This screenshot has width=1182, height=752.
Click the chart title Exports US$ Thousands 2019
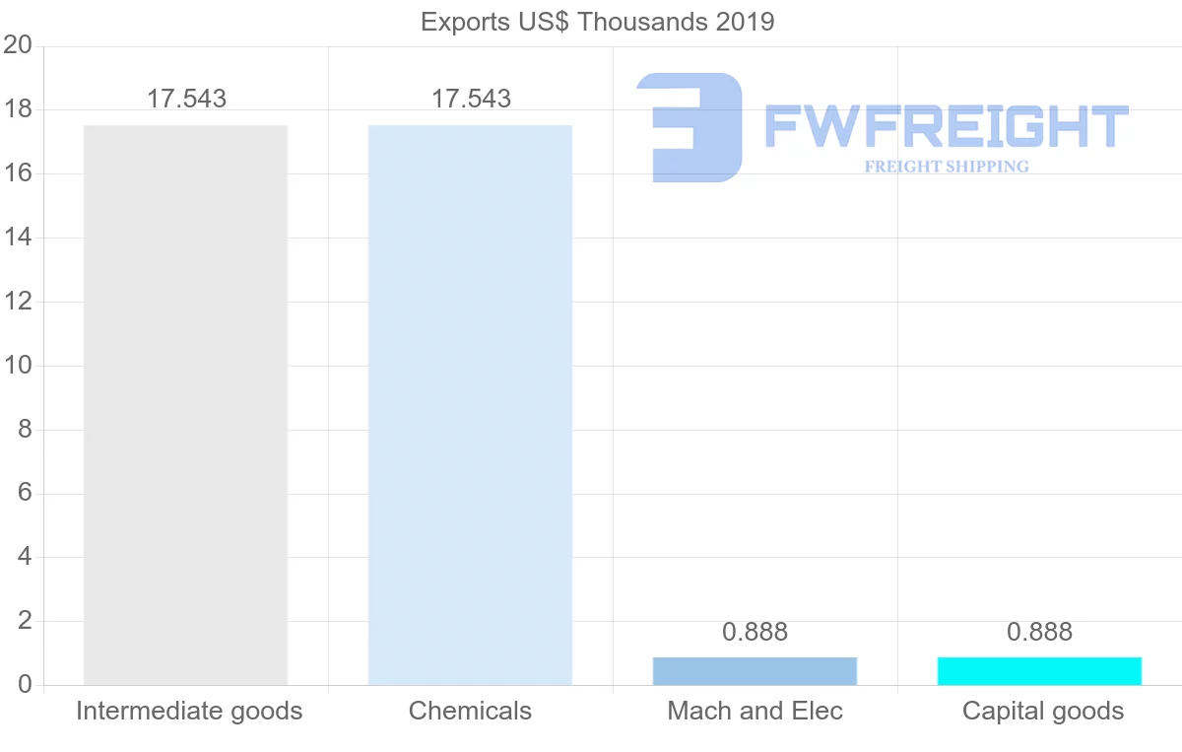coord(597,22)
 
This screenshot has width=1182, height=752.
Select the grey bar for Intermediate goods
coord(185,404)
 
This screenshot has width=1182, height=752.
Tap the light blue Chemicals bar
coord(470,404)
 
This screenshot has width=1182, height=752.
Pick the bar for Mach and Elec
coord(755,671)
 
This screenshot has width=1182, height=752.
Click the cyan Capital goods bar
coord(1039,671)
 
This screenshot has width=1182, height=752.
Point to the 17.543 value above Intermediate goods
coord(186,99)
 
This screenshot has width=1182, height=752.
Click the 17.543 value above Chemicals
coord(471,99)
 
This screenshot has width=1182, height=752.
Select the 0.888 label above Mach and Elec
coord(755,632)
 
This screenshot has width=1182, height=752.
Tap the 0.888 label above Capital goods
coord(1039,632)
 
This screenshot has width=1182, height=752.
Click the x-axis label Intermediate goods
coord(189,711)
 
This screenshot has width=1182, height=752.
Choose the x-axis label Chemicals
coord(470,711)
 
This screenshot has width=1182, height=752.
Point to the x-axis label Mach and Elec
coord(755,711)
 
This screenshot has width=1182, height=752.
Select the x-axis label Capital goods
coord(1042,711)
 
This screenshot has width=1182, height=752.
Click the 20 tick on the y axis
coord(18,45)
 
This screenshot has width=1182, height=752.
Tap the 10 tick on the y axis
coord(18,366)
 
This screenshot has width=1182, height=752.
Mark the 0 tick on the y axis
coord(25,685)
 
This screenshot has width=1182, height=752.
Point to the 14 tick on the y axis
coord(18,238)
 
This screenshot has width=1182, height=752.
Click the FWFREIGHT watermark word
coord(946,127)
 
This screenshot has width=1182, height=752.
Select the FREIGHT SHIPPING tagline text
coord(946,167)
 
